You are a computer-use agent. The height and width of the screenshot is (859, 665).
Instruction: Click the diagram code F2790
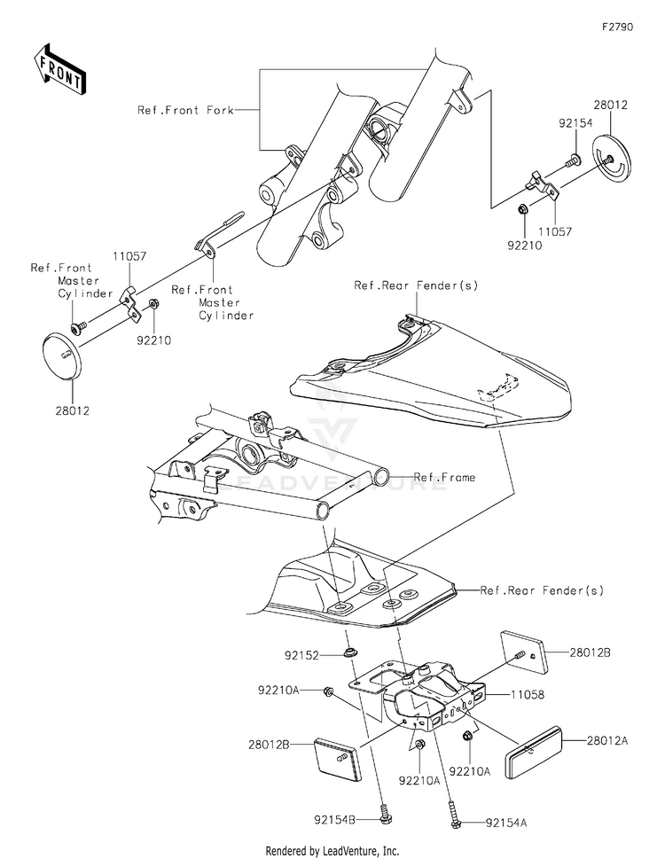coord(617,27)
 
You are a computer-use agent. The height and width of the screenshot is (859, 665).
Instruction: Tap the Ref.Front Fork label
coord(185,110)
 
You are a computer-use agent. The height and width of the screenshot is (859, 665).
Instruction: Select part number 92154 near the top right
coord(575,123)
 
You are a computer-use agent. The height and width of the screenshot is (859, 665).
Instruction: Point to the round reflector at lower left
coord(63,355)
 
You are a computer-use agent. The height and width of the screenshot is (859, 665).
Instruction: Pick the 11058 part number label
coord(527,695)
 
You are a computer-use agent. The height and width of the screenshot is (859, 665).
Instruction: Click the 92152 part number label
coord(301,655)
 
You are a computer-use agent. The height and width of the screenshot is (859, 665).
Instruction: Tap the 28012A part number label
coord(607,741)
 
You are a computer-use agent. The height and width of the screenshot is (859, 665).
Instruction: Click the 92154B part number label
coord(334,820)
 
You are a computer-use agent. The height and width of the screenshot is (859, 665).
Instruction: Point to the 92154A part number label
coord(505,823)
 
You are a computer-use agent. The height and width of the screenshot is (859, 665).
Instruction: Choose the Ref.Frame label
coord(444,477)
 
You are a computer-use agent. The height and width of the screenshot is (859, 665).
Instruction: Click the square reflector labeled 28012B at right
coord(524,653)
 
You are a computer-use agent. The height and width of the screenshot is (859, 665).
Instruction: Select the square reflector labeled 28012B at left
coord(337,759)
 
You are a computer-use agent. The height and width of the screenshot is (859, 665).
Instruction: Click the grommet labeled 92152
coord(348,652)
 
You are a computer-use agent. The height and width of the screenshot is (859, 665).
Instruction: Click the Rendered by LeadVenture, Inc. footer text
coord(332,851)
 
